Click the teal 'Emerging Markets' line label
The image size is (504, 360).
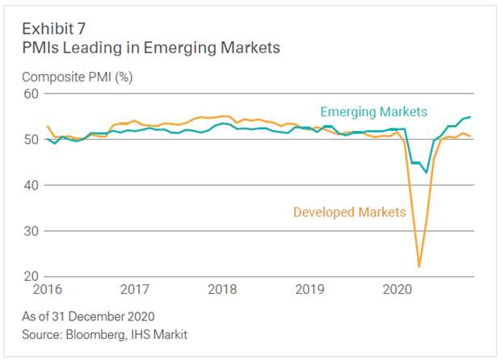pyautogui.click(x=373, y=111)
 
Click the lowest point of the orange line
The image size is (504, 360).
pyautogui.click(x=419, y=266)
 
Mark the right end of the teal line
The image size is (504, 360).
pyautogui.click(x=471, y=117)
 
